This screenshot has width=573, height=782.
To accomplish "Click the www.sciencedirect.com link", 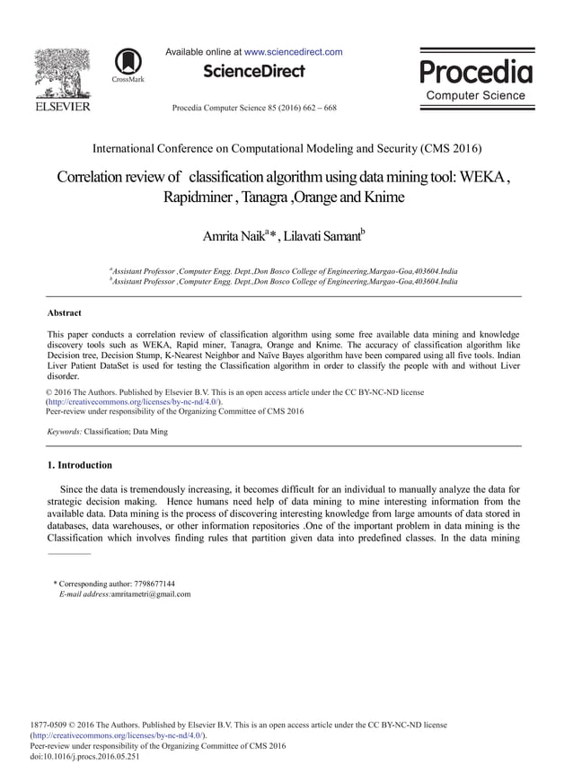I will point(293,52).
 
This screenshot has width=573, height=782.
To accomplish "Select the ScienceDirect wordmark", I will point(254,71).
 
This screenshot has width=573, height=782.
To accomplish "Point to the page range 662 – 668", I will point(317,108).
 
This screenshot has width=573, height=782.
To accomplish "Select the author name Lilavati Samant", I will point(324,237).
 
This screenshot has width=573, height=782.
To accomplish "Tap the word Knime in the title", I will point(383,197).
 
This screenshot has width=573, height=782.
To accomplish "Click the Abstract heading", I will point(64,312).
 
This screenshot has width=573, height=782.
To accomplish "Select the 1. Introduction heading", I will point(79,465).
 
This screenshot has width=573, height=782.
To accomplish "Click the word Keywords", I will point(65,432).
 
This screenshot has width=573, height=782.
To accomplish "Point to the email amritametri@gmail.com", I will point(151,593).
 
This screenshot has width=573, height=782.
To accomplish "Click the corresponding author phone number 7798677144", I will point(150,584).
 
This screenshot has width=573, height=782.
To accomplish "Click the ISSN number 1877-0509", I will point(51,725).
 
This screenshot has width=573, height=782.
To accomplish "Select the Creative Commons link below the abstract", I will point(133,402).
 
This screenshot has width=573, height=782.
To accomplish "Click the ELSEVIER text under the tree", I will point(61,107).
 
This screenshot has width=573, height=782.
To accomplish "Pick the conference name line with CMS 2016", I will point(286,147).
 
